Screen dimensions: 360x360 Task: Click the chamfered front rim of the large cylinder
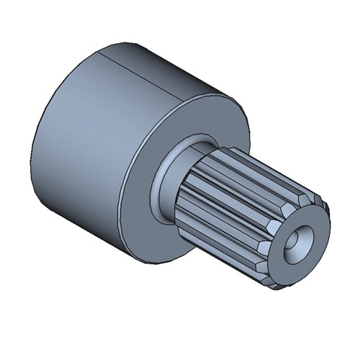(x=238, y=115)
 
